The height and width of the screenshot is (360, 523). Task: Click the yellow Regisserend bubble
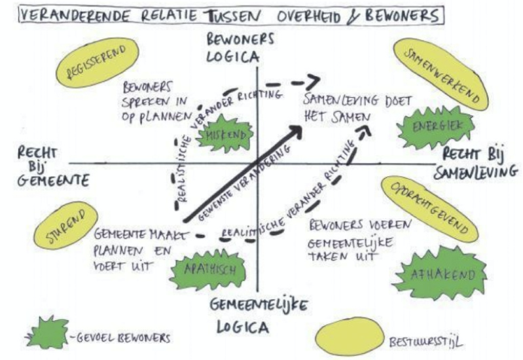point(99,63)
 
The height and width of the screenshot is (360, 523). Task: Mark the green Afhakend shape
point(447,274)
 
